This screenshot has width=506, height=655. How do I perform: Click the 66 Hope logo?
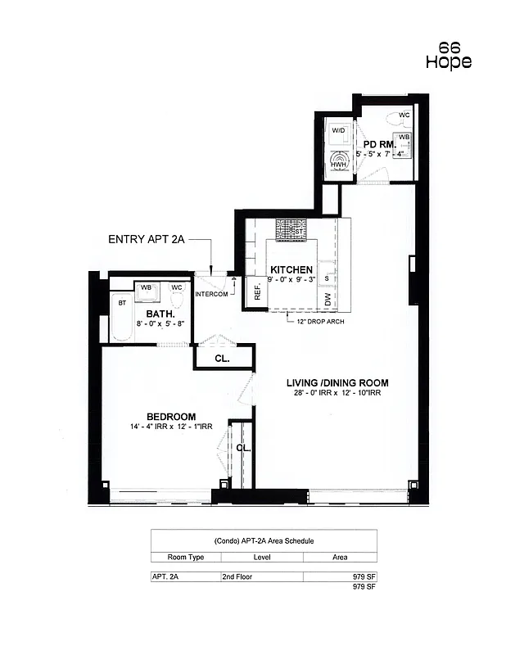click(x=449, y=55)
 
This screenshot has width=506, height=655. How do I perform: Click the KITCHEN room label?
click(x=291, y=269)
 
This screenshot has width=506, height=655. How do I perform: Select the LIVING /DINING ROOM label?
click(x=337, y=382)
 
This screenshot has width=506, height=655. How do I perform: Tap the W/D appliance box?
click(x=337, y=131)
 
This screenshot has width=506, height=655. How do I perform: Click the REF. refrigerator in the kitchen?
click(x=256, y=291)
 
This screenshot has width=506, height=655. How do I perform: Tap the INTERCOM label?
click(x=210, y=294)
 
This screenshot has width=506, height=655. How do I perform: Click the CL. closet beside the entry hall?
click(x=222, y=359)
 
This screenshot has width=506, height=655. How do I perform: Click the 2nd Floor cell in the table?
click(x=237, y=576)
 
